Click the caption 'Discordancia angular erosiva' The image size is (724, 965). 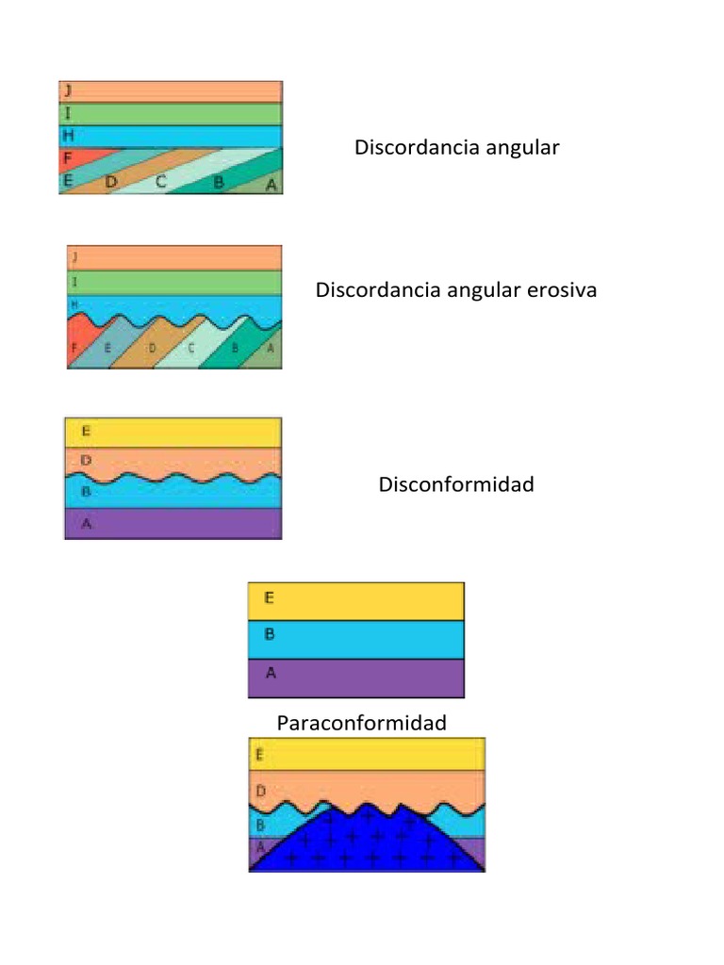coord(456,290)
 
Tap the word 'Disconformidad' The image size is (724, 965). coord(456,484)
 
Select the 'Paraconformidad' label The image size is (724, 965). coord(361,723)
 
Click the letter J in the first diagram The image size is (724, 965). coord(68,90)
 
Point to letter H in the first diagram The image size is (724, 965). coord(69,136)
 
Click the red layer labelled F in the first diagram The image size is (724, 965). coord(75,157)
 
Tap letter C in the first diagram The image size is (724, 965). coord(161,182)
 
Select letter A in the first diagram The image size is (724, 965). coord(271,185)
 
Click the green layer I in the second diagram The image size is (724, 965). coord(174,282)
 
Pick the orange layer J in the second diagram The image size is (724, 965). coord(174,257)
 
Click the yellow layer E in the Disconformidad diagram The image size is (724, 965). coord(173,433)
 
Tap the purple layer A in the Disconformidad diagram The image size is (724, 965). coord(173,524)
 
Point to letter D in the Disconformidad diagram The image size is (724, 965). coord(86,460)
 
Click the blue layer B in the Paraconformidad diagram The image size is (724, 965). coord(355,639)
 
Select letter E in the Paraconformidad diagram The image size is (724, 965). coord(270,597)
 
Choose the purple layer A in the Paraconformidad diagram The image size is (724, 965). coord(355,678)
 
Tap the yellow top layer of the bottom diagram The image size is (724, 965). coord(367,754)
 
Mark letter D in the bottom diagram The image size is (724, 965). coord(261,790)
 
